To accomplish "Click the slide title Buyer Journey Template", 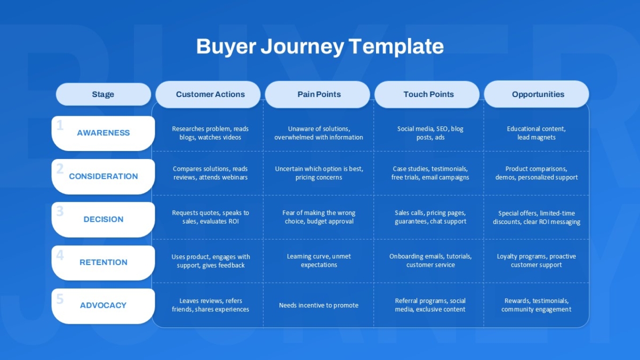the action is [320, 46].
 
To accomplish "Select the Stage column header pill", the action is [103, 94].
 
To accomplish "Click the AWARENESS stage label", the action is [103, 133].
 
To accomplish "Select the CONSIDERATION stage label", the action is [103, 177].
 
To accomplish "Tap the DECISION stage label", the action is [103, 219].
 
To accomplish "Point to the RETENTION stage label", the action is [103, 262].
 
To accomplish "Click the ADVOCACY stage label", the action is [103, 306].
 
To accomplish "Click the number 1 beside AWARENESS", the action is [60, 125].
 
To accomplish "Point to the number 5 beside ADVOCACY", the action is [60, 299].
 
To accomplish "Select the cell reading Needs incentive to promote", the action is [318, 306].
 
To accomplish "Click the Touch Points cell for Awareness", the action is [430, 133].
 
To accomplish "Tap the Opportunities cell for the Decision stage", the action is [537, 218].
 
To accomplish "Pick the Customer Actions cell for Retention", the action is [211, 261].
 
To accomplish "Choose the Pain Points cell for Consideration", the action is [319, 173].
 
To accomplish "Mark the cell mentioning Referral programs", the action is [430, 305].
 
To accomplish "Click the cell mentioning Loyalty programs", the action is [537, 261].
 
